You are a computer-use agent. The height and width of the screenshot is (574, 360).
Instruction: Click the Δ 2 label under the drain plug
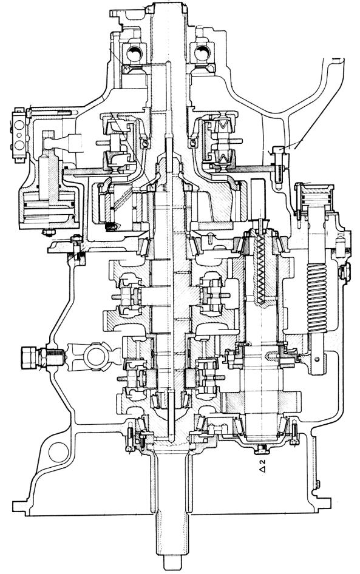[262, 467]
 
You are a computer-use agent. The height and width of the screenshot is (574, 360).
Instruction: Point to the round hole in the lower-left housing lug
[59, 453]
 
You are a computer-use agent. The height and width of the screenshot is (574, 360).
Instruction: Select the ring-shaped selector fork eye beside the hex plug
[95, 354]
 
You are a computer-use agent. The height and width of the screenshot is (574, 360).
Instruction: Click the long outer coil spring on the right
[317, 298]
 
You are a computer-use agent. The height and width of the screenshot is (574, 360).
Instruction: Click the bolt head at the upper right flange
[277, 150]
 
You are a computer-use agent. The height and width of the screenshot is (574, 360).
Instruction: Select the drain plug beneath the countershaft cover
[261, 448]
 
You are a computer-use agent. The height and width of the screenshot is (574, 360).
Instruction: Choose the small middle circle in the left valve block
[19, 135]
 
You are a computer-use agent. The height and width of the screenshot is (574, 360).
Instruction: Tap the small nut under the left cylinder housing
[48, 232]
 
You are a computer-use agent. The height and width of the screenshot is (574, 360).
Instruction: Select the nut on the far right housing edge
[345, 272]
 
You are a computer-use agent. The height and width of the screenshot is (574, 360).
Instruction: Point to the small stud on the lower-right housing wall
[318, 484]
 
